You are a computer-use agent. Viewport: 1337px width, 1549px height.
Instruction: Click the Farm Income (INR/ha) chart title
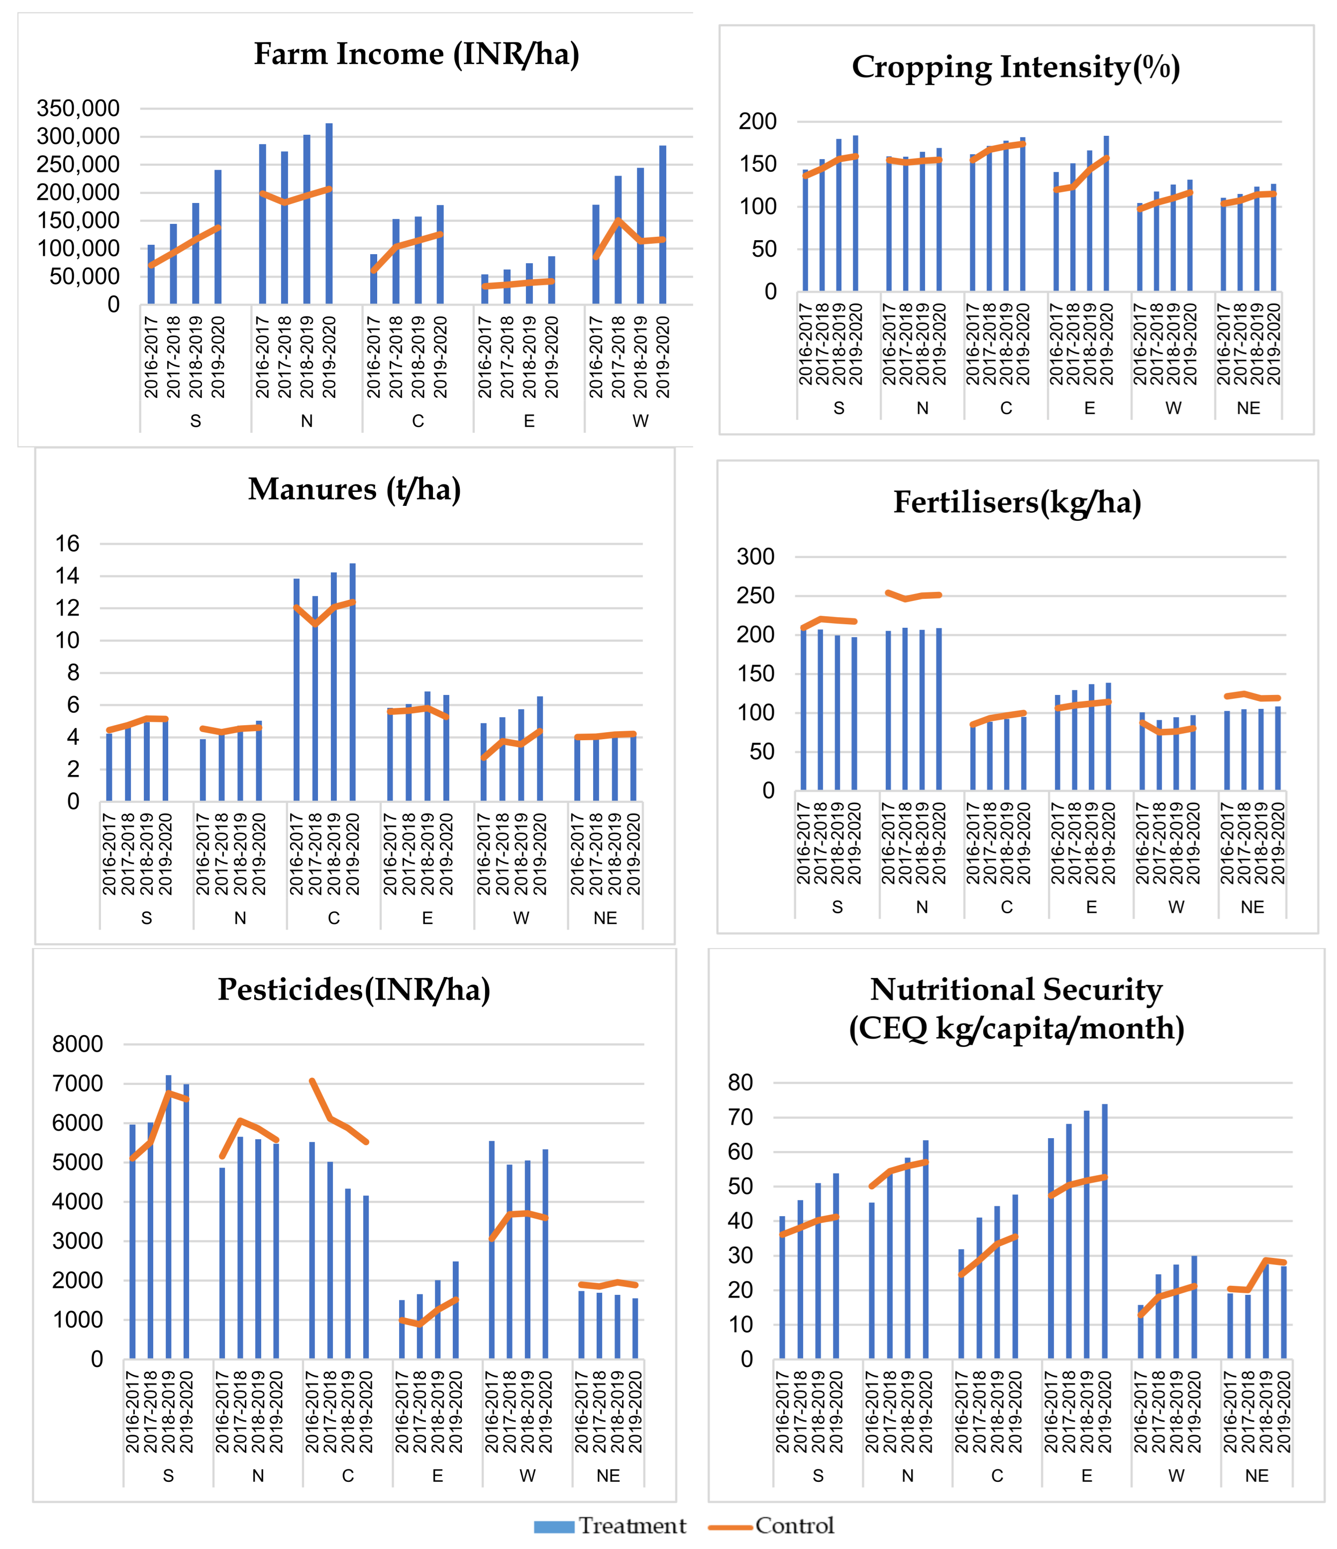416,55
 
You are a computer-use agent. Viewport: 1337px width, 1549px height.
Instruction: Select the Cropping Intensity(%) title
1016,67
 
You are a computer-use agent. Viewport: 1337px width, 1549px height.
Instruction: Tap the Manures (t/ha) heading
354,489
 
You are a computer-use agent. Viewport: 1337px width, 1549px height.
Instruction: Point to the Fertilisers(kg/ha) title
1017,502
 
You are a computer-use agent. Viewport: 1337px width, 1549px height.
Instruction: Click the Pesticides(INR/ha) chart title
354,990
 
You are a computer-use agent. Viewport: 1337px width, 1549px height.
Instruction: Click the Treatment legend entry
610,1526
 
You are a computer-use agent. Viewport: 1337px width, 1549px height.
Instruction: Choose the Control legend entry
772,1526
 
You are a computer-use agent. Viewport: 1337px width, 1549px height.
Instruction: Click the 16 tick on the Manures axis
67,544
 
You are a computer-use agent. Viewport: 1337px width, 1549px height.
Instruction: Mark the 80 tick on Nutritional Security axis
740,1082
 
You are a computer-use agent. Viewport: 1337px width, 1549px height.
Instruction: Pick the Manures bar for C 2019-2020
352,682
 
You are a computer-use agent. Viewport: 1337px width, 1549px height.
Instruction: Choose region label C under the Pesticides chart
348,1476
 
